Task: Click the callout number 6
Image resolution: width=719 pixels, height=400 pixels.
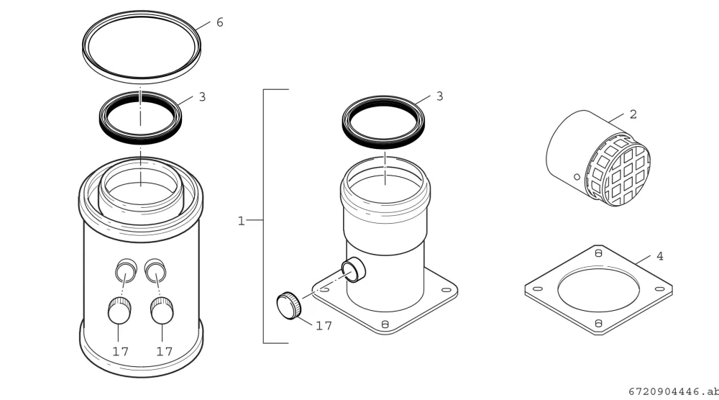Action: (219, 22)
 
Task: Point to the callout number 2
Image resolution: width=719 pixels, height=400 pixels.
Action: (633, 114)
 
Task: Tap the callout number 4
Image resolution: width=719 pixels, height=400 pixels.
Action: (660, 256)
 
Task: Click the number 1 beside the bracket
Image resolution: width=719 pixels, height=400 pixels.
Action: (241, 221)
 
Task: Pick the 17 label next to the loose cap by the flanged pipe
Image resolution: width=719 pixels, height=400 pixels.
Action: (324, 326)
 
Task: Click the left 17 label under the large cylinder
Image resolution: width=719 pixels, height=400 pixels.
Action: (121, 351)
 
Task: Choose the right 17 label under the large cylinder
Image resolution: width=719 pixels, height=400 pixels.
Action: (164, 351)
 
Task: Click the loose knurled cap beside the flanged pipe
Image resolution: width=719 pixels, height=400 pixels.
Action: (289, 305)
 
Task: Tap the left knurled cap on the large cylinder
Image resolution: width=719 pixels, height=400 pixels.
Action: (119, 311)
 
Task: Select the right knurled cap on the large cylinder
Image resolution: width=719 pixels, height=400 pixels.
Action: (162, 311)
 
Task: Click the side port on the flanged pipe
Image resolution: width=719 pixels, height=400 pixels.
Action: (354, 270)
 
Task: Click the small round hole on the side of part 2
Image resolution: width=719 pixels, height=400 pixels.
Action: (577, 177)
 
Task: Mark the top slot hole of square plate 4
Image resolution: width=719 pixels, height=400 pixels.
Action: (598, 253)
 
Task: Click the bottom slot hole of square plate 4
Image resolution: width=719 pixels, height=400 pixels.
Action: (598, 324)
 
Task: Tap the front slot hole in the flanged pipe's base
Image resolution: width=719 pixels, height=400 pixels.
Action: (385, 324)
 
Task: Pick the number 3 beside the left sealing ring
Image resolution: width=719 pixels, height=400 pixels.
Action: (202, 97)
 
